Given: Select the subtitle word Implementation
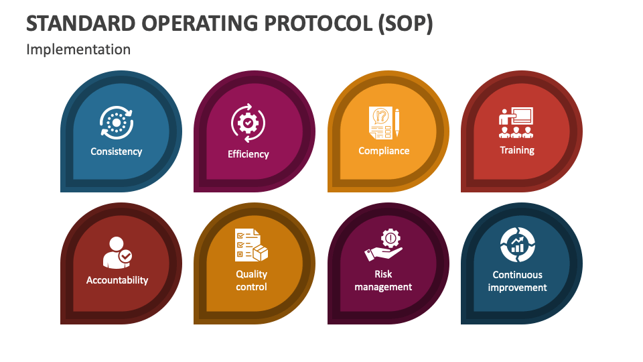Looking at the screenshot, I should [78, 50].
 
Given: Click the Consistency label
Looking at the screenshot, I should [117, 152].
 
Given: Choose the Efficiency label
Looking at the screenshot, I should [248, 154].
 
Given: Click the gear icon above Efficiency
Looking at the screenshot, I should [248, 123].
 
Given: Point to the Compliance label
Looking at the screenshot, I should [384, 151].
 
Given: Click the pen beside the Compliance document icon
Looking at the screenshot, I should [397, 123].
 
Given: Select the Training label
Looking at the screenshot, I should [517, 150].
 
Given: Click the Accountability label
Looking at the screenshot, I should [117, 280].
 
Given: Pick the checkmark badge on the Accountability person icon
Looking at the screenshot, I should [125, 256].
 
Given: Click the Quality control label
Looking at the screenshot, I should [251, 280].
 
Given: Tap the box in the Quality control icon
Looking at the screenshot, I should [260, 253].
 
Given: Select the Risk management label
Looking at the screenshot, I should [383, 280].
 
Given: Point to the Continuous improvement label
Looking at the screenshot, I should [517, 281].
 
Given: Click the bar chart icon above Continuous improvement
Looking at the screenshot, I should [517, 246].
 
